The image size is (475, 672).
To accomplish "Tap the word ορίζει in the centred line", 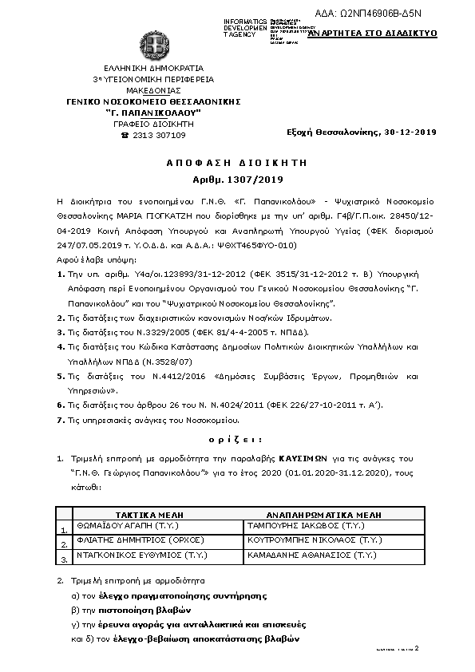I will point(237,439).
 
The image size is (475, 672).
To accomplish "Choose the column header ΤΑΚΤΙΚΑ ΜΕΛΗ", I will point(148,516).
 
